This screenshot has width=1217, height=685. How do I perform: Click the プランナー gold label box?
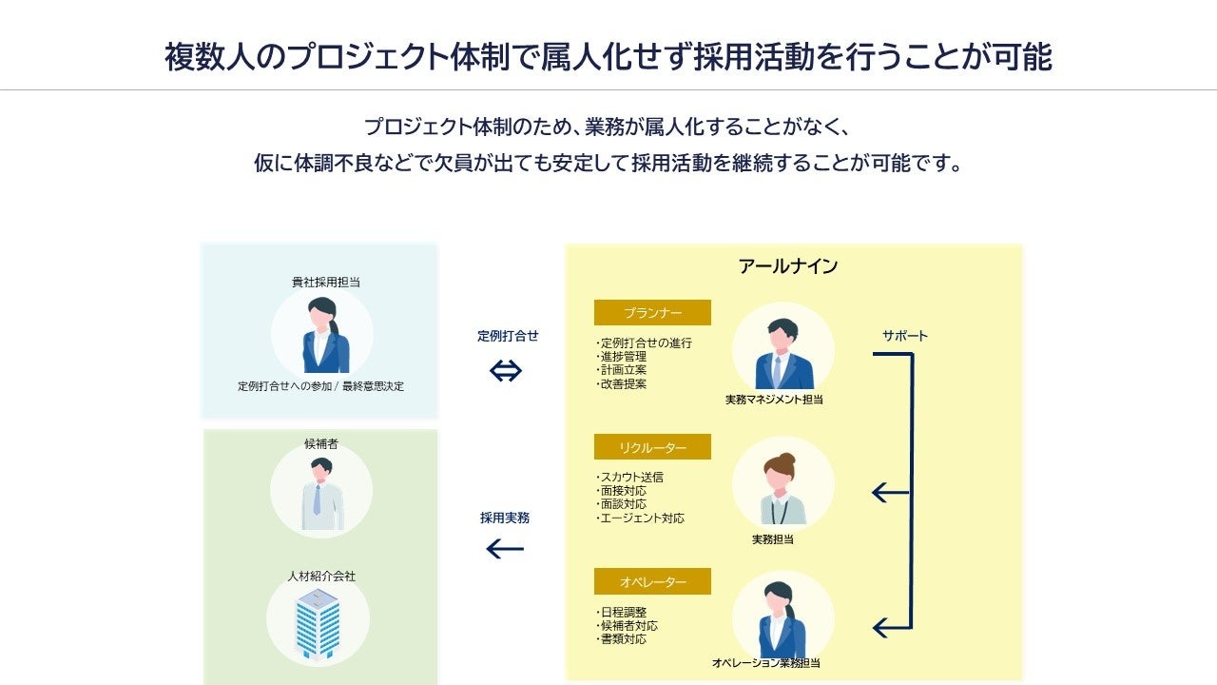tap(652, 313)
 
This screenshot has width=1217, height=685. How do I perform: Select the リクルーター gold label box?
tap(652, 447)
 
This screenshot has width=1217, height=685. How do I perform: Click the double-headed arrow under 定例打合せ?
tap(506, 371)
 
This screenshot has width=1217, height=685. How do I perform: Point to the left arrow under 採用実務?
tap(505, 549)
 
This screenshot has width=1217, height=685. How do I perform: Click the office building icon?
tap(318, 623)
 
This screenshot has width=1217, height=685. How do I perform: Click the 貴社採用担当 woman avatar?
tap(322, 336)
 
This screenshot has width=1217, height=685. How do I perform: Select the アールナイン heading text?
tap(788, 266)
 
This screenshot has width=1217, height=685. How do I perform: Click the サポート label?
tap(904, 336)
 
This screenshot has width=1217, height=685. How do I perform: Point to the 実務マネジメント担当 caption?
tap(774, 401)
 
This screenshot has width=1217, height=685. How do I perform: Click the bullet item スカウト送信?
tap(631, 478)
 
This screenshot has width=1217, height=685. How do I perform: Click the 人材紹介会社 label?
tap(321, 577)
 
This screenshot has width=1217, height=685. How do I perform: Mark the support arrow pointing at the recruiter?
tap(890, 493)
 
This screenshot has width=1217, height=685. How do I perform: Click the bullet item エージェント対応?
tap(642, 519)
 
